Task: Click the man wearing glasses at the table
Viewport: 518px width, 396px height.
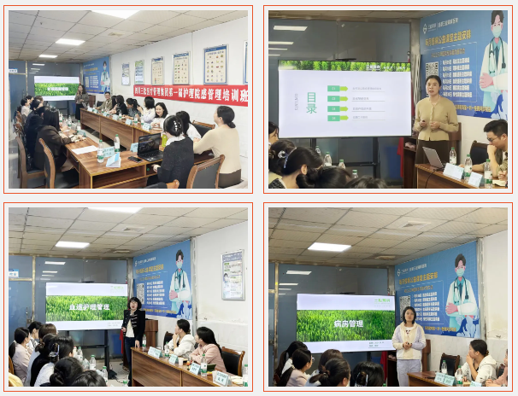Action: pyautogui.click(x=495, y=146)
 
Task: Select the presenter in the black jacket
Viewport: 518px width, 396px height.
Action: pyautogui.click(x=132, y=328)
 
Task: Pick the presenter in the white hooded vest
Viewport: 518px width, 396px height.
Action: pyautogui.click(x=409, y=341)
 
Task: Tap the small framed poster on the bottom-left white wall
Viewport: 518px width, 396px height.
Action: pyautogui.click(x=233, y=274)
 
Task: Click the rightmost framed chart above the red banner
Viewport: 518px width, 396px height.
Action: pyautogui.click(x=215, y=64)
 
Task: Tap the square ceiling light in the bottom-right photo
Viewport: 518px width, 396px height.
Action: pyautogui.click(x=328, y=247)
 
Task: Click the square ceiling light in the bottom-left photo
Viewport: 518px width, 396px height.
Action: pyautogui.click(x=72, y=244)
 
